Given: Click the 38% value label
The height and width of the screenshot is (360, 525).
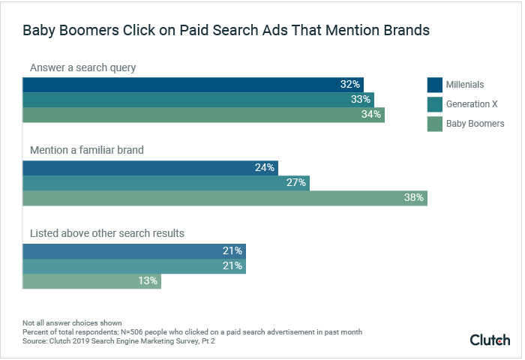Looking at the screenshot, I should pyautogui.click(x=414, y=198).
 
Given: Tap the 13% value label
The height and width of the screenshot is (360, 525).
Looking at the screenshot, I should pyautogui.click(x=148, y=280).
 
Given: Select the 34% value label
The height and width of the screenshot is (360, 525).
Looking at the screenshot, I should pyautogui.click(x=371, y=115).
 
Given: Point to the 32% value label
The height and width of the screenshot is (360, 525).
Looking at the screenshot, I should pyautogui.click(x=350, y=85).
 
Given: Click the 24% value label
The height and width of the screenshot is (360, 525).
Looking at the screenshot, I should pyautogui.click(x=265, y=168).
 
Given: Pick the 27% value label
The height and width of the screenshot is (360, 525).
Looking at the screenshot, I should pyautogui.click(x=296, y=183).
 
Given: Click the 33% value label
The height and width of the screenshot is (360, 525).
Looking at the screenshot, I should pyautogui.click(x=361, y=100).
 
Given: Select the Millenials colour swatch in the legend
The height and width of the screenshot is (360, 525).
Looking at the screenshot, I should pyautogui.click(x=434, y=84).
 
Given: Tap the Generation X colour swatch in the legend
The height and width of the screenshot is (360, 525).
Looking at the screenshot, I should pyautogui.click(x=434, y=104).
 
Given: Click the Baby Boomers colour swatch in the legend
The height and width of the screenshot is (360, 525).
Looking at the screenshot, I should pyautogui.click(x=434, y=124).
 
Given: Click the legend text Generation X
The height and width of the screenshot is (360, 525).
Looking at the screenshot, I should pyautogui.click(x=472, y=104).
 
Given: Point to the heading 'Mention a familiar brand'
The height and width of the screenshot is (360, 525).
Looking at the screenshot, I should pyautogui.click(x=87, y=150).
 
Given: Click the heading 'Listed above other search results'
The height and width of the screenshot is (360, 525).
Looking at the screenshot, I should pyautogui.click(x=107, y=233).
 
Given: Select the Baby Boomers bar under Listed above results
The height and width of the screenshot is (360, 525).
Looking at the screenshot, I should pyautogui.click(x=91, y=280).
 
